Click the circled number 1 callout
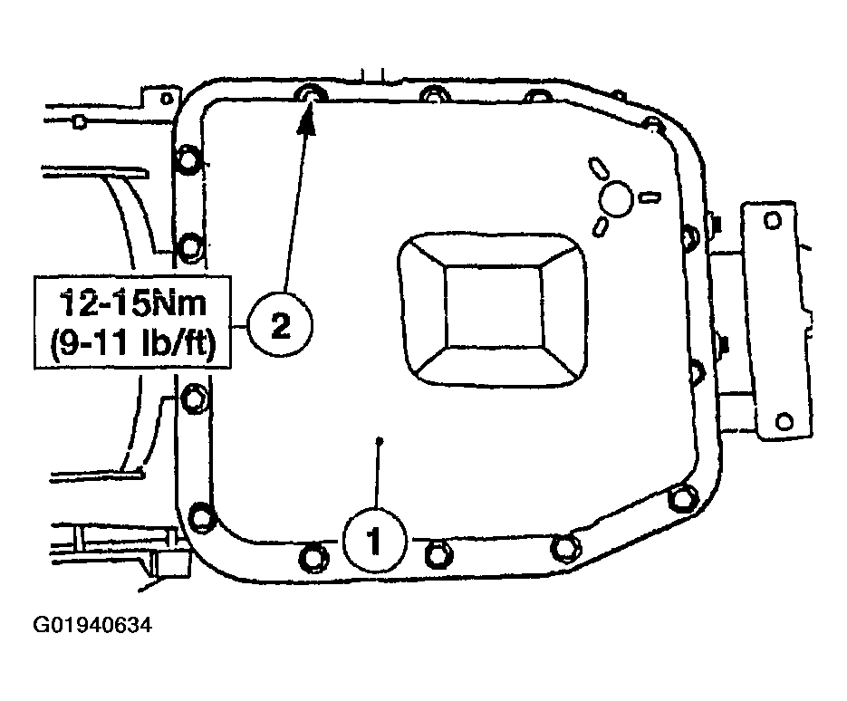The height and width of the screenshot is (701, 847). pos(374,540)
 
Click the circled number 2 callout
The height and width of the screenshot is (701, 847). pos(280,325)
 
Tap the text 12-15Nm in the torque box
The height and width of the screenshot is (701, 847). pos(133,303)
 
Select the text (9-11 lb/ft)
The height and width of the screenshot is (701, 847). pos(133,343)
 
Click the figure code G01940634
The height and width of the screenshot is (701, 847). pos(92,625)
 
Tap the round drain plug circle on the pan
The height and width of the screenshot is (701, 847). pos(616,199)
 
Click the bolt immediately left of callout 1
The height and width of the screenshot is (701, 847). pos(313,559)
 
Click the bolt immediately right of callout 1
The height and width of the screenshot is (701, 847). pos(438,554)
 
